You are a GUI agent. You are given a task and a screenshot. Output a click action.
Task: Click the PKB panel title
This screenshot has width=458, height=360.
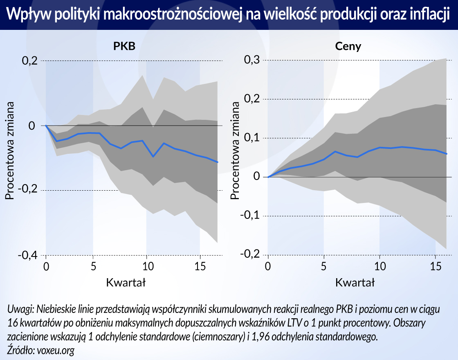click(124, 46)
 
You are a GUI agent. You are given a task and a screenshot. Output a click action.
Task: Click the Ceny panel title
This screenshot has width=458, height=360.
click(348, 46)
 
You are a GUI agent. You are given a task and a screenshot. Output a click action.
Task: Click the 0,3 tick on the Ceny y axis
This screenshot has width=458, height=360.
click(252, 60)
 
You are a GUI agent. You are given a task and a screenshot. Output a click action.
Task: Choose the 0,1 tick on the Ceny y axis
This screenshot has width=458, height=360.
click(252, 138)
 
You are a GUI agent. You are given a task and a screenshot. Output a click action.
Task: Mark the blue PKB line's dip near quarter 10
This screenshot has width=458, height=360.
click(153, 156)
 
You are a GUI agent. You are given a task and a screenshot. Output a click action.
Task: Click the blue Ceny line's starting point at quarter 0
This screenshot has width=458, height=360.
click(268, 177)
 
